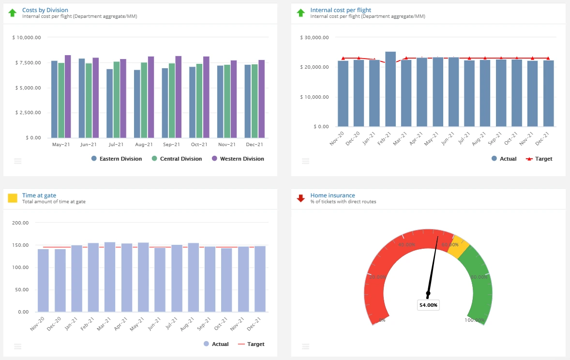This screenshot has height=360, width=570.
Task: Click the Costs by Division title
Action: [x=45, y=10]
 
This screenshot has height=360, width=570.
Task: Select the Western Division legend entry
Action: [x=241, y=159]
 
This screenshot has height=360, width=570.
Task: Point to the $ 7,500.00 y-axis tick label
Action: [x=28, y=63]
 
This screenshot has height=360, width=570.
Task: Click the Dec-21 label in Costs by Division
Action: [x=254, y=145]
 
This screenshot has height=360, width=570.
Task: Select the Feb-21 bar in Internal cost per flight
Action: [x=390, y=89]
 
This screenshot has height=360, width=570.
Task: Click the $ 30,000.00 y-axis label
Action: [x=315, y=38]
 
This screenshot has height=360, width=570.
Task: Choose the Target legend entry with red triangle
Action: [x=539, y=159]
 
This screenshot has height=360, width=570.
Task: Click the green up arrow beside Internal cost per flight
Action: [x=301, y=13]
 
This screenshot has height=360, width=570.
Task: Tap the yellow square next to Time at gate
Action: [x=13, y=198]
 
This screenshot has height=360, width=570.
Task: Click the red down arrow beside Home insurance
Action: [x=301, y=198]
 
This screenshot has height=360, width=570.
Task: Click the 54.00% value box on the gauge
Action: [x=428, y=305]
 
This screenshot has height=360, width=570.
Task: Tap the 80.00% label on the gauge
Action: [x=479, y=277]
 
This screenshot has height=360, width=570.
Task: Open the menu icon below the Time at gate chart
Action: [x=18, y=346]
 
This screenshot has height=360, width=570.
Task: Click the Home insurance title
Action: [x=332, y=195]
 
